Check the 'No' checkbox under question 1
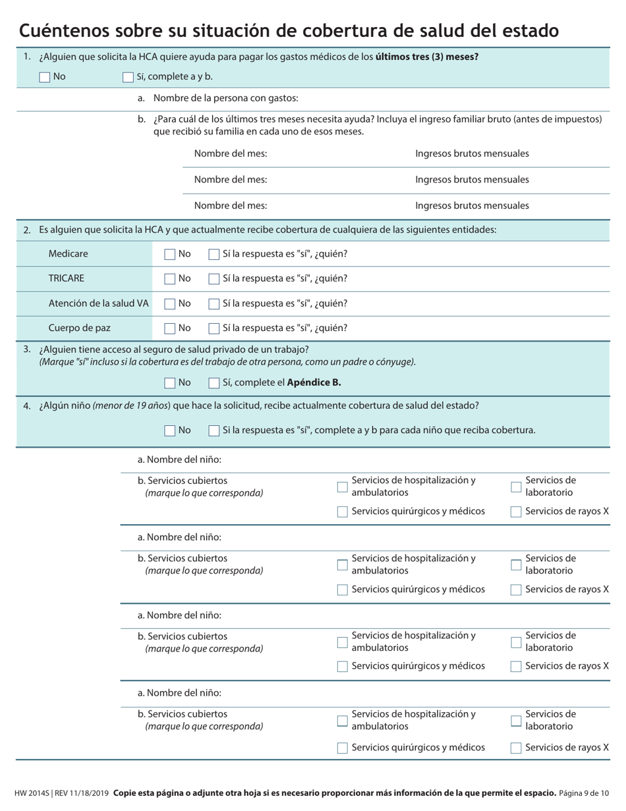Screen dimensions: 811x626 click(x=45, y=77)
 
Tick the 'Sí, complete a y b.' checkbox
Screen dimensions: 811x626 click(x=128, y=77)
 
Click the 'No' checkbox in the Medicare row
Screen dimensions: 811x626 click(x=170, y=255)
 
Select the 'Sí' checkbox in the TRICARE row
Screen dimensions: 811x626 click(x=214, y=279)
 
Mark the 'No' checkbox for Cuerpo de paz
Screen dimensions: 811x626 click(x=170, y=328)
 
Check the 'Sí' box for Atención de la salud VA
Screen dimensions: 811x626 click(x=214, y=304)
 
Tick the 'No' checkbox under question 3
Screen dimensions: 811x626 click(x=170, y=383)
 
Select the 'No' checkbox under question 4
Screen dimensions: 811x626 click(x=170, y=431)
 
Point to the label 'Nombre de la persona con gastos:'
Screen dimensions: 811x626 click(x=225, y=98)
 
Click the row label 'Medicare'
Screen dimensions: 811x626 click(x=68, y=254)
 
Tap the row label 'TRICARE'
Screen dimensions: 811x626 click(x=67, y=278)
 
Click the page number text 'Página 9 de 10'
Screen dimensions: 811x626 click(x=584, y=793)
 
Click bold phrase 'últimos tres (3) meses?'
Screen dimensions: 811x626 click(x=427, y=57)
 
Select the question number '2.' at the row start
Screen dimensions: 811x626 click(x=27, y=230)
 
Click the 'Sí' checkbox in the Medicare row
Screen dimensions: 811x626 click(x=214, y=255)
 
